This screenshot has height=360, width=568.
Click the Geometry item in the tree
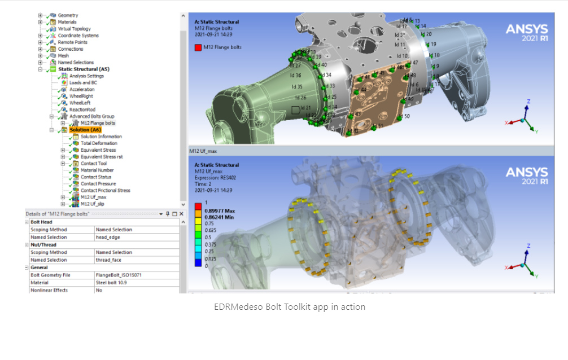pyautogui.click(x=68, y=15)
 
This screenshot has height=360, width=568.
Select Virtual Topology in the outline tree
pyautogui.click(x=74, y=29)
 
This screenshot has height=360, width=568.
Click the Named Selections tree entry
pyautogui.click(x=76, y=63)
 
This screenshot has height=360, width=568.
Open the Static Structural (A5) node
pyautogui.click(x=84, y=69)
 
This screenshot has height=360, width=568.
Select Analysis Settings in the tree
pyautogui.click(x=86, y=76)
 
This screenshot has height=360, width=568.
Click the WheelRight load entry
pyautogui.click(x=81, y=96)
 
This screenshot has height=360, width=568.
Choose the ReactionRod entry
pyautogui.click(x=82, y=110)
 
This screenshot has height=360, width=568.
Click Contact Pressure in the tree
pyautogui.click(x=98, y=184)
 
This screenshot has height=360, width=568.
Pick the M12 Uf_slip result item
pyautogui.click(x=92, y=204)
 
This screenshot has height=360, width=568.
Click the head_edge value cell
pyautogui.click(x=108, y=238)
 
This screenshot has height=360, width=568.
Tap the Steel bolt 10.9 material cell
pyautogui.click(x=111, y=283)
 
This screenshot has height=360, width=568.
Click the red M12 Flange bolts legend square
pyautogui.click(x=198, y=47)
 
